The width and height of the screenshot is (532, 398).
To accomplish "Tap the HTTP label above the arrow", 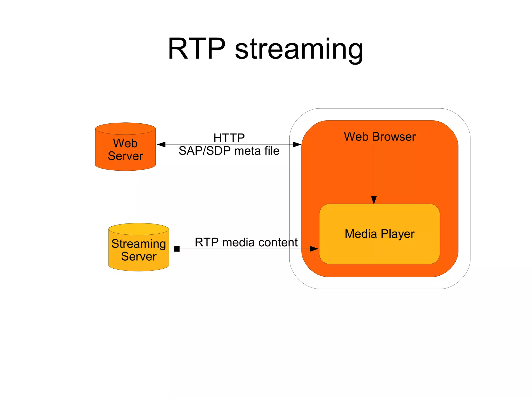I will pos(229,138).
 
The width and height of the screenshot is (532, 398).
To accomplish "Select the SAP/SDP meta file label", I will pos(229,151).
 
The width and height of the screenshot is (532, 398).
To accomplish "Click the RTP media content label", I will pos(246,242).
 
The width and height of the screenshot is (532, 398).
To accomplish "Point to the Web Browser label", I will pos(380,137).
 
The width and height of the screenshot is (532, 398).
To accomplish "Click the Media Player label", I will pos(379,234).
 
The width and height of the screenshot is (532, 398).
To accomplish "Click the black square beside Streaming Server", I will pos(177,249).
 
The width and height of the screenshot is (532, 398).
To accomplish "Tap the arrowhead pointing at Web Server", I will pos(161,144).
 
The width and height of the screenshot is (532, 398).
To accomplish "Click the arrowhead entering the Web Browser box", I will pos(297,144).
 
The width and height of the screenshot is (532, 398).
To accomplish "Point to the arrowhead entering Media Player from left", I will pos(314,249).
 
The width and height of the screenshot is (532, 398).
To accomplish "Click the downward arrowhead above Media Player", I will pos(374,200).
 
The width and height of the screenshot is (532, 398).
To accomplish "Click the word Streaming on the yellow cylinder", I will pos(138,244).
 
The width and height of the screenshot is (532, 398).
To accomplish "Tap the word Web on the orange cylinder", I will pos(125,143).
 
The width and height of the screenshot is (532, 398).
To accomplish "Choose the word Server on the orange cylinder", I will pos(125,156).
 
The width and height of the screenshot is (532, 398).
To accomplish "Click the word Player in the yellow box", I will pos(397,234).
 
